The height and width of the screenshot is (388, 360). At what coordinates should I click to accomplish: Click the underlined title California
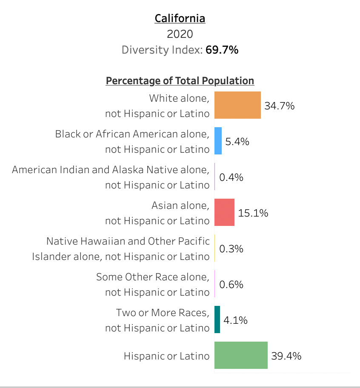coord(180,19)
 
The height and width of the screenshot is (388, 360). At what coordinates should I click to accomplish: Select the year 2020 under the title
coord(180,34)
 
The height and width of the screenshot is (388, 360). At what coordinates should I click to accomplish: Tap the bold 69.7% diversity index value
coord(222,50)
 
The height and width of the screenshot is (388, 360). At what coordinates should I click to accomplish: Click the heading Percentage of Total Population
coord(180,81)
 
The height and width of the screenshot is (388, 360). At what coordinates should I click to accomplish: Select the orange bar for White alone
coord(237,105)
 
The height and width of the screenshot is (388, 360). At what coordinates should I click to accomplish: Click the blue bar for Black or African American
coord(218,141)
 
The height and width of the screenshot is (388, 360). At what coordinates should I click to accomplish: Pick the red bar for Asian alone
coord(224,212)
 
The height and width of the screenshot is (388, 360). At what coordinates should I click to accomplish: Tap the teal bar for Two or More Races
coord(217,320)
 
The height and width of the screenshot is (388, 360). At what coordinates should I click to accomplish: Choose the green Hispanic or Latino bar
coord(241,355)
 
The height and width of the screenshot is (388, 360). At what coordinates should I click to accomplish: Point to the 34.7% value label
coord(280,106)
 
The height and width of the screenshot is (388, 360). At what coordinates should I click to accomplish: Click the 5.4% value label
coord(237,142)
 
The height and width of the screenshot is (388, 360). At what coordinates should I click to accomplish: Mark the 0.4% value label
coord(231,177)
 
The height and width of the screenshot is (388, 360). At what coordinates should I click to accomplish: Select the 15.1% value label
coord(253,213)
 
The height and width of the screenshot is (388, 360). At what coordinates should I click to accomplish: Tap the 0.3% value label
coord(231,249)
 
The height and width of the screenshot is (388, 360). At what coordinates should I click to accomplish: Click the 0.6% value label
coord(231,285)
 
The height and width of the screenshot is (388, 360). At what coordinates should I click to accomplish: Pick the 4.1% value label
coord(235,320)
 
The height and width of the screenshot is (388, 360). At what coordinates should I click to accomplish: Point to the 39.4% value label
coord(286,356)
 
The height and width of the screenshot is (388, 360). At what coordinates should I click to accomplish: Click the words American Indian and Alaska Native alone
coord(111,170)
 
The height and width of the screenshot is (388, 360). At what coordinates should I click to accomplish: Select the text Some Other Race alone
coord(153,277)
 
